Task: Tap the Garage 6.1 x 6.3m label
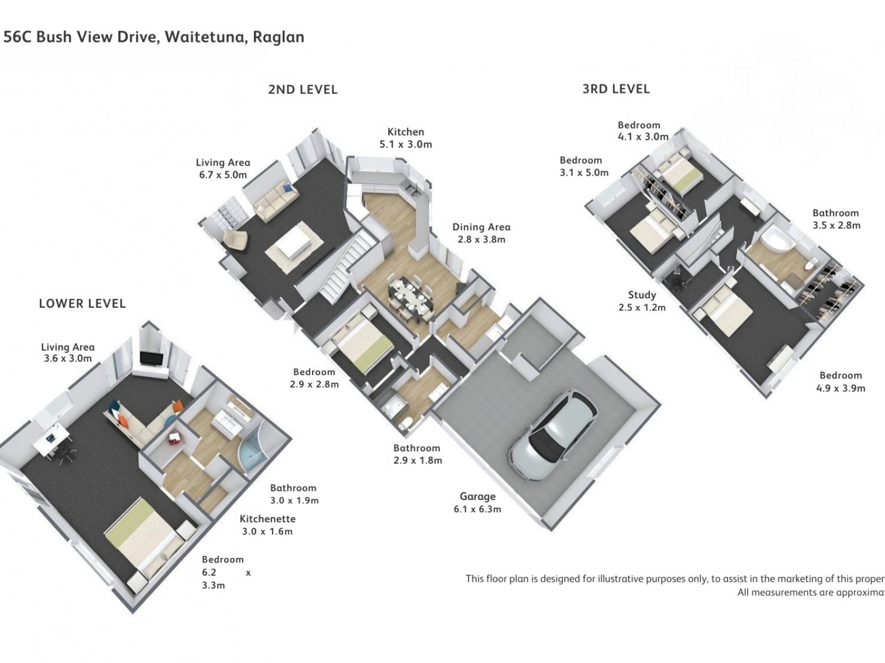[477, 503]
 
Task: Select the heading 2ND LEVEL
[303, 90]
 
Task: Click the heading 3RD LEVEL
[616, 89]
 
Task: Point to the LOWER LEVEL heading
[82, 303]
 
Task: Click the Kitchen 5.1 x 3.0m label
[405, 138]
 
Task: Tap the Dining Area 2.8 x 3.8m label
[481, 233]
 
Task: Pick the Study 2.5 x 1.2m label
[642, 301]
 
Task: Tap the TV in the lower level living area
[150, 359]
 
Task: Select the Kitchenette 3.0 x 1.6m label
[268, 525]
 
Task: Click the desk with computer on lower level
[53, 442]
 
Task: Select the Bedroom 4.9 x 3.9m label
[841, 382]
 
